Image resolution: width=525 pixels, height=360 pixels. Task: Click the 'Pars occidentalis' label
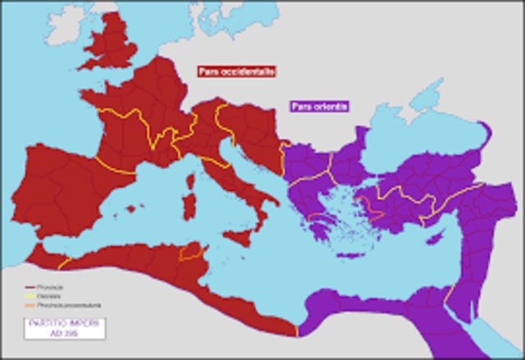click(x=236, y=71)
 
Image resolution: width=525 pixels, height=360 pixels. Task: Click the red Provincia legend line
click(x=34, y=287)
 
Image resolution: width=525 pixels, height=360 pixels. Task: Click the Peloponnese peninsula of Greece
click(x=320, y=221)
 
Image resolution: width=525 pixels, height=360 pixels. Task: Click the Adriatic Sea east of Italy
click(x=251, y=177)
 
